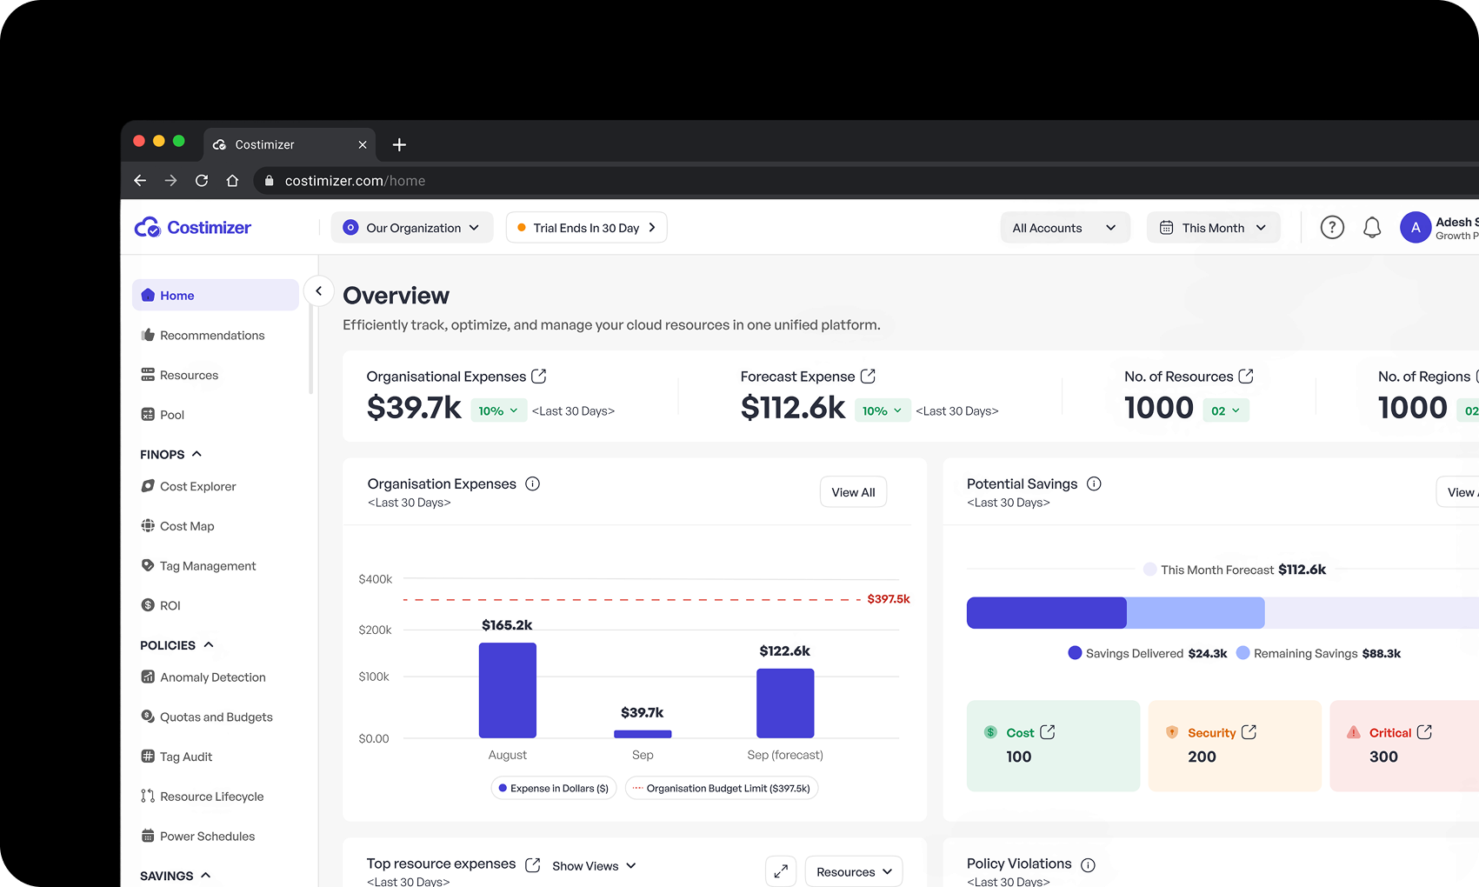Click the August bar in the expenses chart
(507, 690)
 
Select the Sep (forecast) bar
(785, 703)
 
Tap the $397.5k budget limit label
(888, 599)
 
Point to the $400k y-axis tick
(376, 579)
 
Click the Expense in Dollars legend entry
(554, 789)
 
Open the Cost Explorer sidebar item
(197, 487)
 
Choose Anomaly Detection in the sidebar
(212, 677)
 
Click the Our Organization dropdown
(412, 228)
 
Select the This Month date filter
(1213, 228)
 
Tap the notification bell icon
(1372, 228)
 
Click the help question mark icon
(1332, 228)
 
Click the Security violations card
(1234, 745)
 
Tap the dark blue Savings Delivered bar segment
(1046, 613)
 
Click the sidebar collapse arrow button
(319, 291)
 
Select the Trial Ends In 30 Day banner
(586, 228)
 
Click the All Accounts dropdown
(1064, 228)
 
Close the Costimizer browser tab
(363, 145)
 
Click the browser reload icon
(202, 181)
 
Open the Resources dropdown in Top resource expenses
(854, 871)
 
